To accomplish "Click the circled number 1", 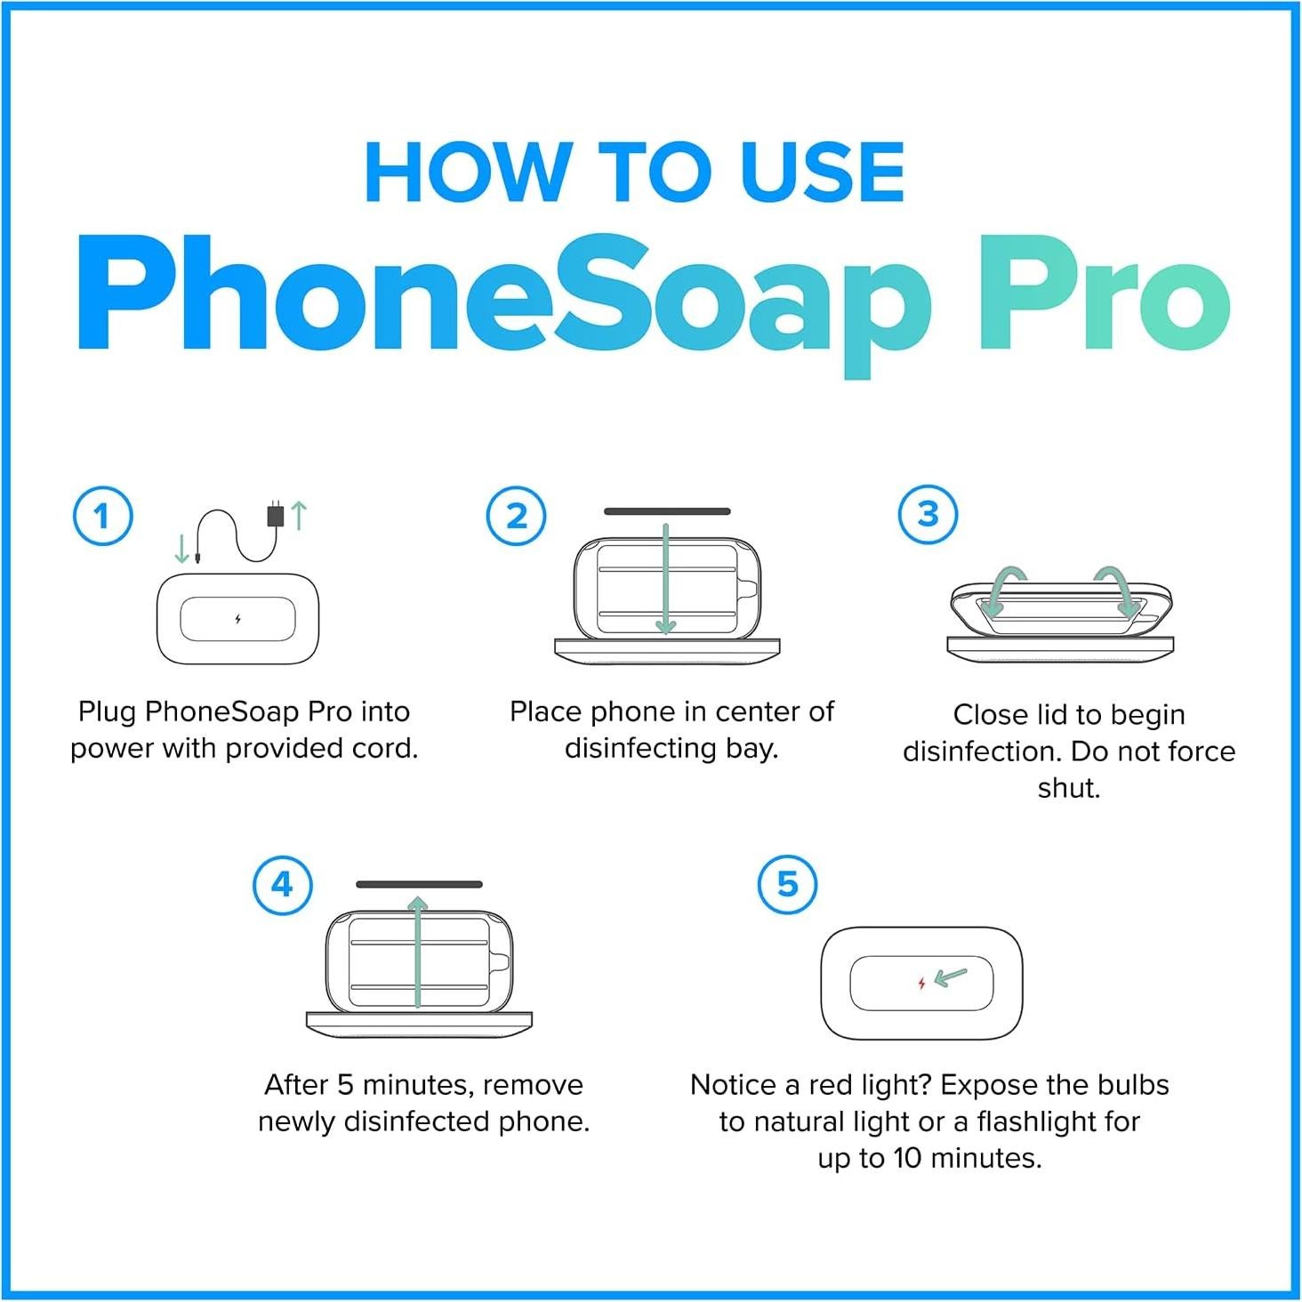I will (x=102, y=516).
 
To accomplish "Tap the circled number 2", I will (x=517, y=516).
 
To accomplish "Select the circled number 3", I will (x=928, y=514).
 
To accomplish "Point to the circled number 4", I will (x=282, y=885).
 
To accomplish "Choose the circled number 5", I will (x=787, y=885).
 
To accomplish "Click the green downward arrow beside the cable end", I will (x=181, y=548).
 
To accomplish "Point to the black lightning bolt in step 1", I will (x=237, y=619).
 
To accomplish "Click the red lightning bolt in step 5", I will (x=921, y=983).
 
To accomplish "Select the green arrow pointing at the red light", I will (x=952, y=977).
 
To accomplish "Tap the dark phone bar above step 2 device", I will (x=667, y=511).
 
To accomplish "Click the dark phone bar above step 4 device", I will (x=419, y=884).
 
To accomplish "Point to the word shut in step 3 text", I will (x=1068, y=788).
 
